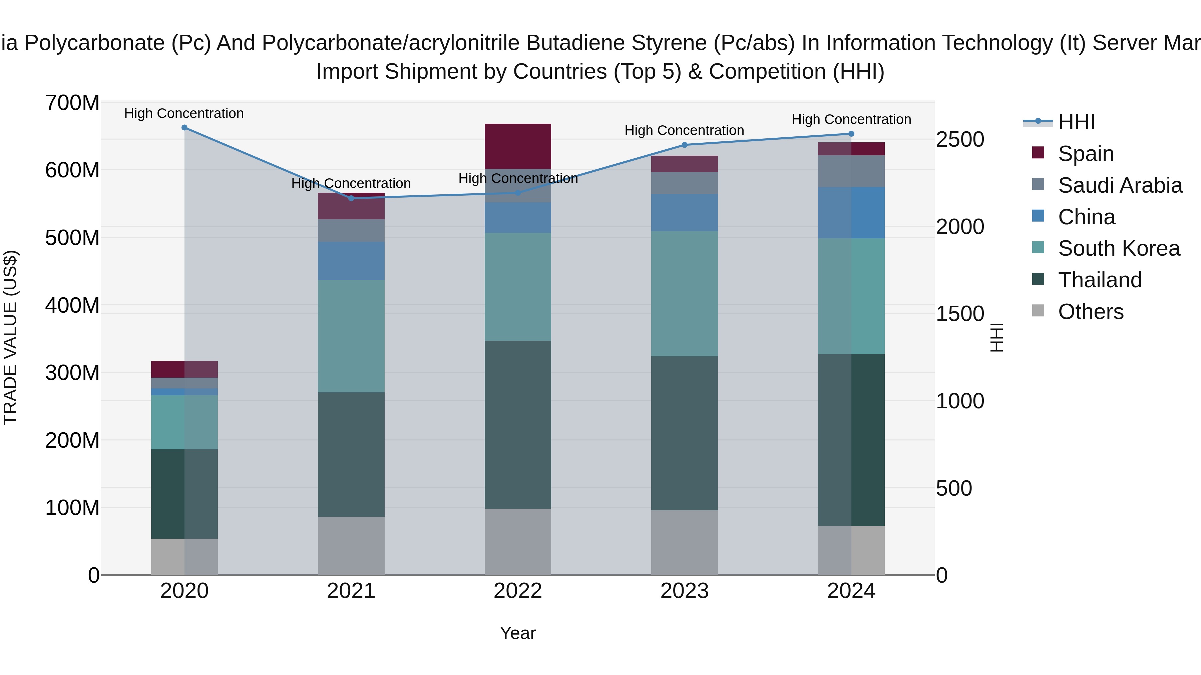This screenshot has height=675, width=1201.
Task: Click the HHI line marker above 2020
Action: [184, 128]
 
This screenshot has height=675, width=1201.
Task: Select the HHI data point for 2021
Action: [351, 198]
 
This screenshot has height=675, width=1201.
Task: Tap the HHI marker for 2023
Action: [685, 145]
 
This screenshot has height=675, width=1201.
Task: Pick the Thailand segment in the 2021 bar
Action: [351, 454]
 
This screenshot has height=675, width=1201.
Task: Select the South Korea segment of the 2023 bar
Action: [685, 293]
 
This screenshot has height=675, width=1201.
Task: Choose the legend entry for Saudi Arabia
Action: [1120, 185]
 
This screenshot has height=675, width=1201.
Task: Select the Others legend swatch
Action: [1038, 311]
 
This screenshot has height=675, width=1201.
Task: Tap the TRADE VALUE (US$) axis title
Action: [10, 337]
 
